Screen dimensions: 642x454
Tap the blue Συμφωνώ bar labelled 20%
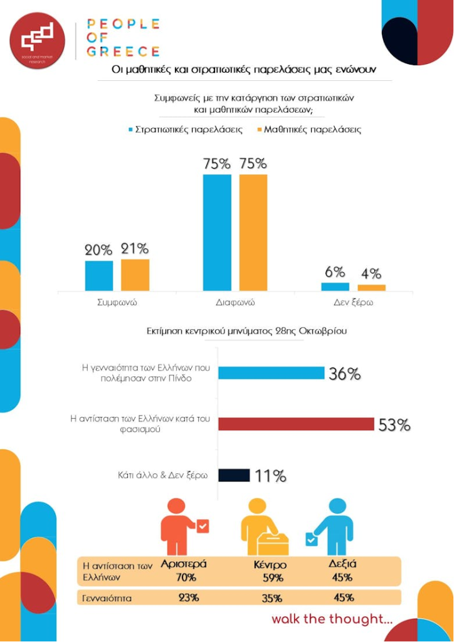(99, 276)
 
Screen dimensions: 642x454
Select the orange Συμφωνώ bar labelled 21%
(135, 275)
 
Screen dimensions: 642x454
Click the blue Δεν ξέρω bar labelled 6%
(335, 287)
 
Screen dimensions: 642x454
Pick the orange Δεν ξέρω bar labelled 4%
(371, 288)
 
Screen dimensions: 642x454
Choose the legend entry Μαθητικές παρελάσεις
(309, 130)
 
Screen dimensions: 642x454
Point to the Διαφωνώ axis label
(235, 302)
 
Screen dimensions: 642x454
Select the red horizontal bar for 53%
(296, 424)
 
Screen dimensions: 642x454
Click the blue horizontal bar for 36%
(271, 373)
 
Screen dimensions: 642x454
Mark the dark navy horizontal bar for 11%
(234, 475)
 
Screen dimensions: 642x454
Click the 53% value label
(394, 425)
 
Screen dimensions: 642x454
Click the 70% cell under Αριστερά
(186, 577)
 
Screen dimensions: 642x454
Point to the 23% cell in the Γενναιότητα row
(188, 597)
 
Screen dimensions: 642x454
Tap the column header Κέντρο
(270, 565)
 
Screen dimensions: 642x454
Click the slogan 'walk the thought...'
(332, 619)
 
